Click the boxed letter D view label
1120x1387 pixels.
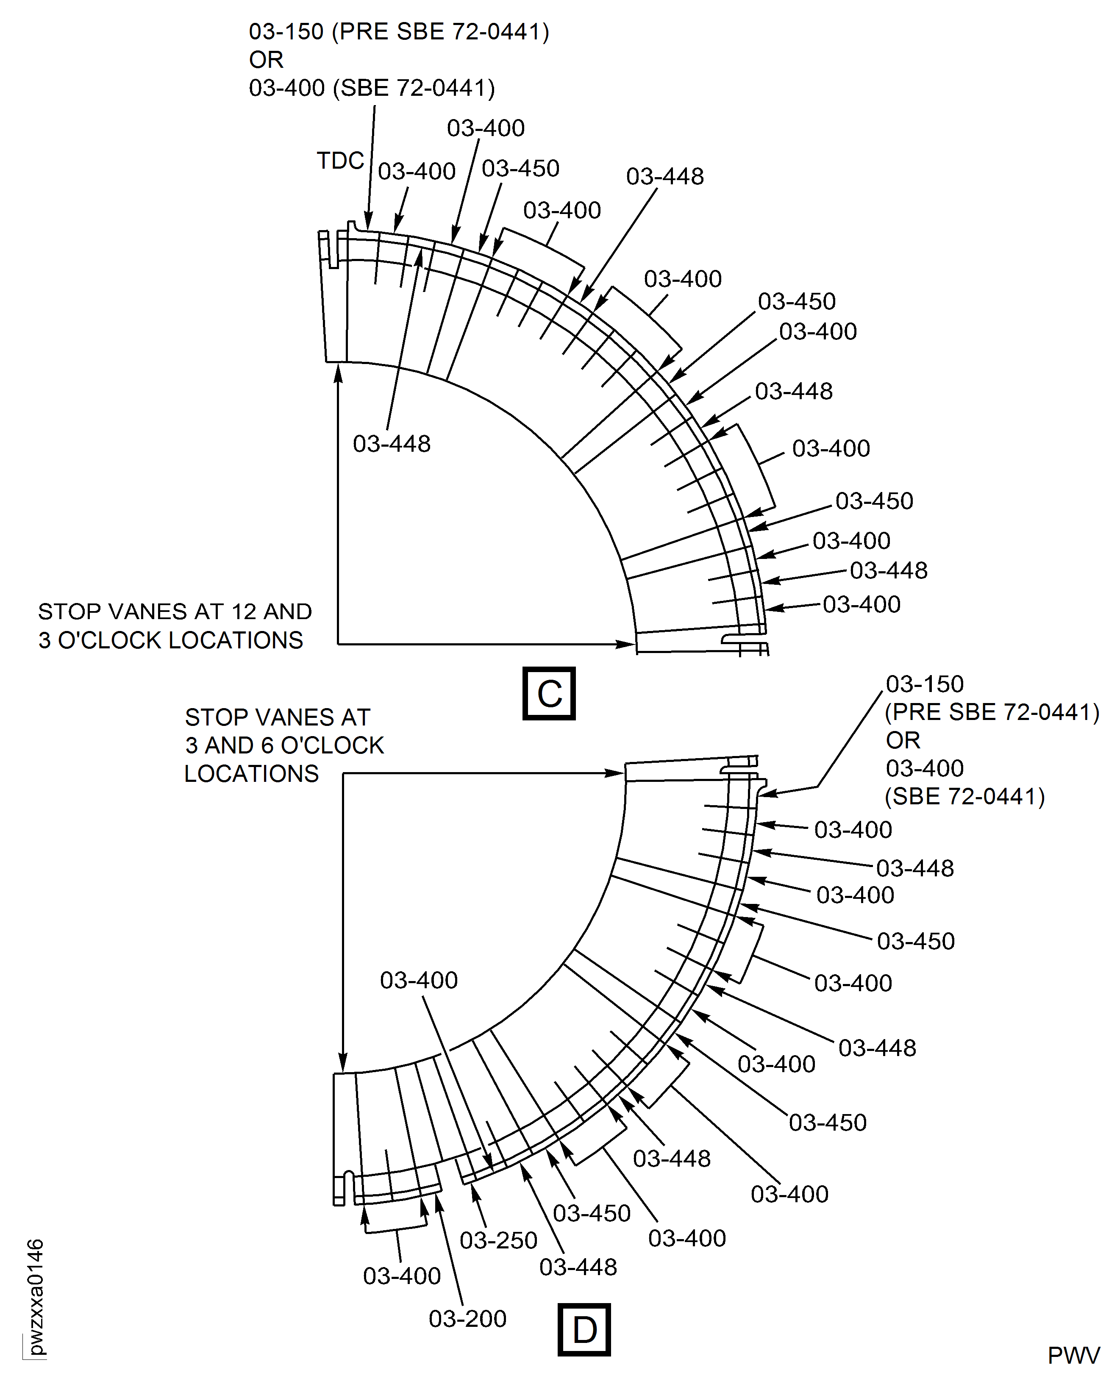tap(584, 1330)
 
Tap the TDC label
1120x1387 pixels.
tap(340, 161)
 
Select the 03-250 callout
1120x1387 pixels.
tap(498, 1240)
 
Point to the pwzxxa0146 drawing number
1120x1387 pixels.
tap(36, 1297)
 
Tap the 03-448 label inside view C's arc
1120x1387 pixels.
tap(392, 444)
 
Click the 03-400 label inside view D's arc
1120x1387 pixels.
tap(419, 980)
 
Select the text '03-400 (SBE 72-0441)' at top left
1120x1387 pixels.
tap(372, 88)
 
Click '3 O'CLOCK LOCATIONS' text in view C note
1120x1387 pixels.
tap(170, 640)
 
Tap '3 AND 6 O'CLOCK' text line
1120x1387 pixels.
tap(284, 745)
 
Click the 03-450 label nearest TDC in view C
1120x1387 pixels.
tap(520, 168)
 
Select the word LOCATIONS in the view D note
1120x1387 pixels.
tap(252, 773)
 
